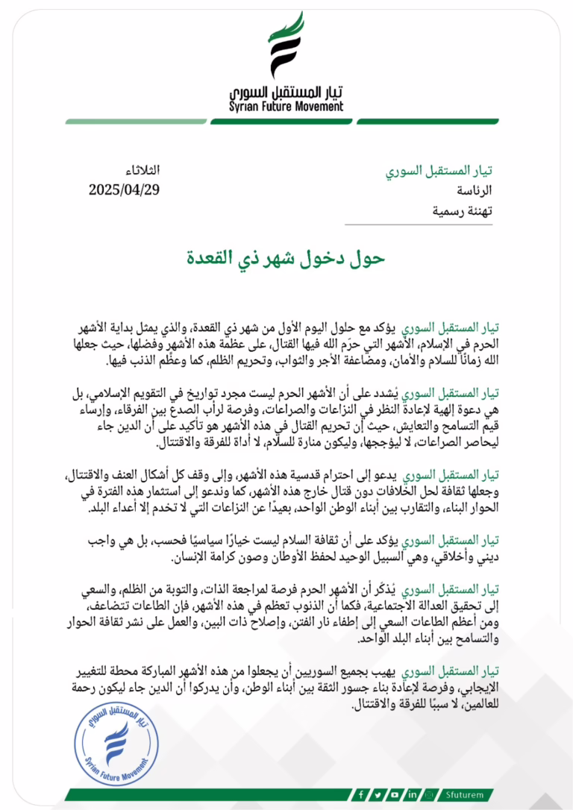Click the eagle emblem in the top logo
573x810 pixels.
[286, 46]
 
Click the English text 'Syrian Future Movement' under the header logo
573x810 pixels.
[286, 107]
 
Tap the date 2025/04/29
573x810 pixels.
[124, 189]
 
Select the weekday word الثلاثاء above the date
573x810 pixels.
[140, 171]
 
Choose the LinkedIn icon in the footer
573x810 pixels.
[412, 794]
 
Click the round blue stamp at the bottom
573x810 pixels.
[116, 739]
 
